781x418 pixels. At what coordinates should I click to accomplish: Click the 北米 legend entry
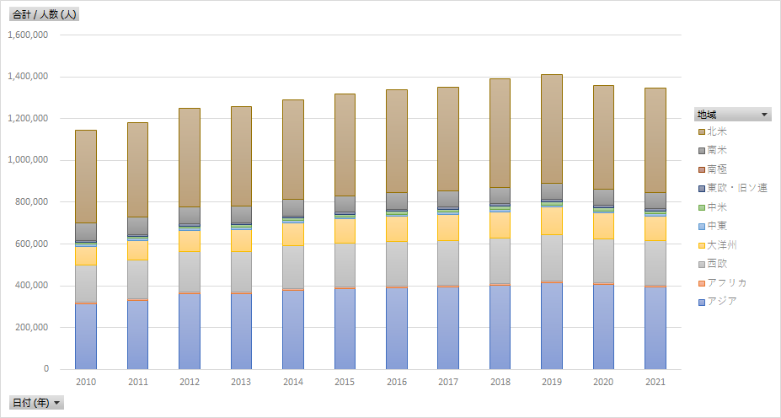[717, 131]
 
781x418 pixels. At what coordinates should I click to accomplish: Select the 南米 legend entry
[717, 150]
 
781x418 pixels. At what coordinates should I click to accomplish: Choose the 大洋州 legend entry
[722, 244]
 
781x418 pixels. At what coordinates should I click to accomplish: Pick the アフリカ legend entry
[727, 282]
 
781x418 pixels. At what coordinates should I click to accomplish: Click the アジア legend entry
[722, 301]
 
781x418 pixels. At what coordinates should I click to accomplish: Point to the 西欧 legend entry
[717, 263]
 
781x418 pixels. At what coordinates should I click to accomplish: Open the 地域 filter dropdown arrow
[764, 114]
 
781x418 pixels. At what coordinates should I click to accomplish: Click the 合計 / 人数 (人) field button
[45, 14]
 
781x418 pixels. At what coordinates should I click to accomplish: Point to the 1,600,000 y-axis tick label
[28, 35]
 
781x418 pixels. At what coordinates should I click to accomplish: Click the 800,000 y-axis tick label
[33, 202]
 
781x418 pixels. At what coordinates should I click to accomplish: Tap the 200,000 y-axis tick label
[33, 327]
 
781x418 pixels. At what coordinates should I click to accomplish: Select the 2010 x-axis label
[86, 382]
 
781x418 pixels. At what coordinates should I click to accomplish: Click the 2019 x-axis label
[551, 382]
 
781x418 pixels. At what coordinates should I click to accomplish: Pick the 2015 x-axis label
[345, 382]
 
